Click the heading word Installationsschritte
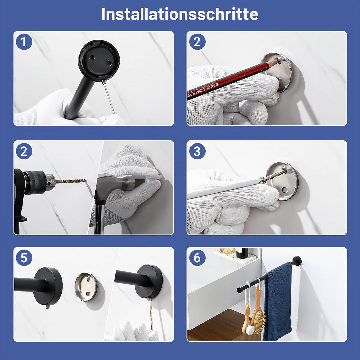point(180,14)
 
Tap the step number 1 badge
point(24,42)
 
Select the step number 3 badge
point(197,151)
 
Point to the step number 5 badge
point(24,258)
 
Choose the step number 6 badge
point(197,258)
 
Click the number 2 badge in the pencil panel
point(197,42)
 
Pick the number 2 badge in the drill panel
point(24,151)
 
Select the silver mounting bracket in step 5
point(86,287)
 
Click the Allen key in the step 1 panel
point(109,97)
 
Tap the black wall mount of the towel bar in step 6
point(297,261)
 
